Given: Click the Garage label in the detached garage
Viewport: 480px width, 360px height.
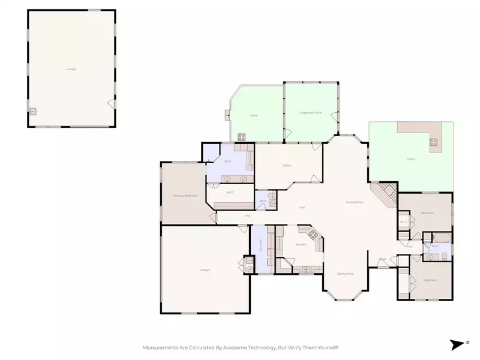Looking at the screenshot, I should [x=71, y=69].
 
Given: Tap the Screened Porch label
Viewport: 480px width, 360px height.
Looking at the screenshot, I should [x=310, y=113].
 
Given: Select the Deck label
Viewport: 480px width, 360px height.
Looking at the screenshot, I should [x=254, y=115].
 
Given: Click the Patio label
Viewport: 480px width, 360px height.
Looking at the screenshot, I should [x=410, y=159].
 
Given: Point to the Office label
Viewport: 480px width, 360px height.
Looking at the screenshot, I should [x=287, y=166].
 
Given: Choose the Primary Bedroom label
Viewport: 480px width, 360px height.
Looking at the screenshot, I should [x=185, y=196].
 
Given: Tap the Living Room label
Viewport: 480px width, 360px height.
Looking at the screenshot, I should [x=355, y=202].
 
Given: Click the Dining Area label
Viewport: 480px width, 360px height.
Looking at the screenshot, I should [x=345, y=274].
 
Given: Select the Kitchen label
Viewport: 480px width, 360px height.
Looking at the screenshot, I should [x=301, y=244].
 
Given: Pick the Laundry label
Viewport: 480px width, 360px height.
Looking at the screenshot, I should [x=260, y=244].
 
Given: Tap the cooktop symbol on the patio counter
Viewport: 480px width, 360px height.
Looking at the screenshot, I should [x=433, y=142].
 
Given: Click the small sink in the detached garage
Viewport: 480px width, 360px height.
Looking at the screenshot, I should [x=32, y=112].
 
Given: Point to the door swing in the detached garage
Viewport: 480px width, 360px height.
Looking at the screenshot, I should [x=111, y=103].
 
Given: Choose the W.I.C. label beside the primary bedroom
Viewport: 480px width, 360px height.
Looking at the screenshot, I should [x=230, y=193].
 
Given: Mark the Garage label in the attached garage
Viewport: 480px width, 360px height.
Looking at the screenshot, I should [x=205, y=270].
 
